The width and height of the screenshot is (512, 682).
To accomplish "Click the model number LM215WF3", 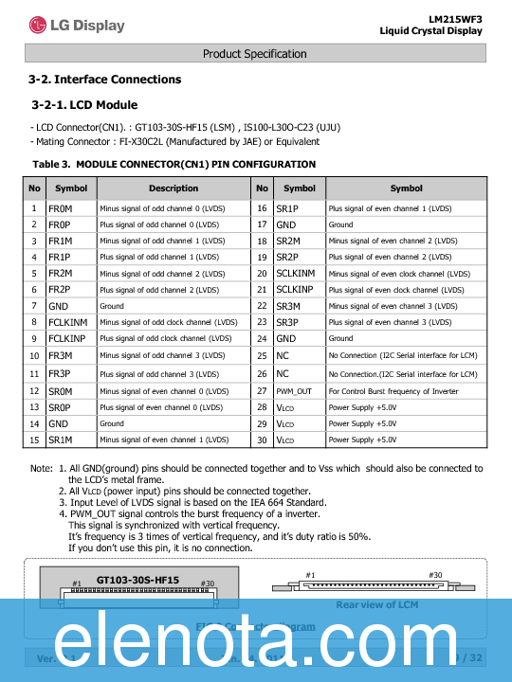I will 455,18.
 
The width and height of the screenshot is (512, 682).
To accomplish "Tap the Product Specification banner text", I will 255,54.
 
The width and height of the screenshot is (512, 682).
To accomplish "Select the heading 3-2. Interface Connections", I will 105,80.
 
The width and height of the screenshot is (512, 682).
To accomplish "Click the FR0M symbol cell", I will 60,207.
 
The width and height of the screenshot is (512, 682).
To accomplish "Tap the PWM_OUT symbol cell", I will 294,390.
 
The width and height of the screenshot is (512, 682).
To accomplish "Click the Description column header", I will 174,188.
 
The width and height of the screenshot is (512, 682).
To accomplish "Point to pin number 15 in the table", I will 34,440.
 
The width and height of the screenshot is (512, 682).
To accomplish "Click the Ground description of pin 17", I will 340,224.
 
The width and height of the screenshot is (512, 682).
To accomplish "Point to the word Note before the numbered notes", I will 41,469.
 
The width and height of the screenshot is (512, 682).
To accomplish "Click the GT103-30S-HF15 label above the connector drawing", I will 137,579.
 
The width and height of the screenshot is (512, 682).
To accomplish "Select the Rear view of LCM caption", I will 376,604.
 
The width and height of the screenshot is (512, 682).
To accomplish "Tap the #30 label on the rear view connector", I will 435,575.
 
